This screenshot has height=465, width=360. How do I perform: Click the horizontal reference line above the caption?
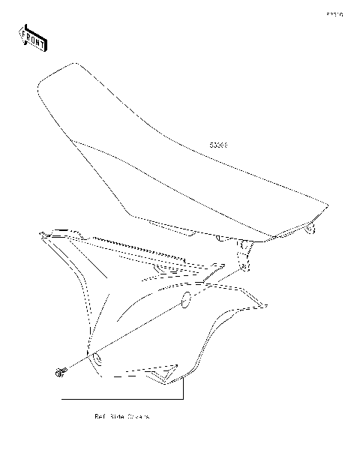[120, 397]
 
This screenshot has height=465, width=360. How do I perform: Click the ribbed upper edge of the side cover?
[142, 250]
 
